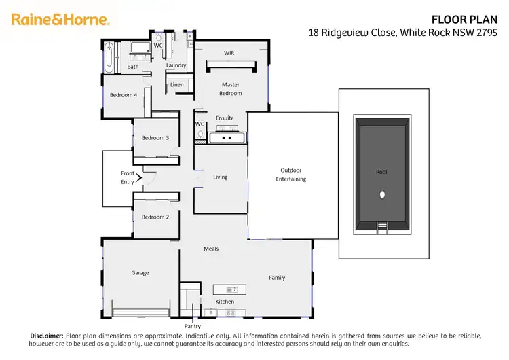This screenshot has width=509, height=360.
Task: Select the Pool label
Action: click(x=382, y=172)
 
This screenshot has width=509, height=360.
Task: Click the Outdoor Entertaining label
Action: click(x=291, y=175)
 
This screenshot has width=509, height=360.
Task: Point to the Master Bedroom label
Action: click(x=231, y=89)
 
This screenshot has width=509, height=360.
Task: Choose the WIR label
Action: click(x=229, y=52)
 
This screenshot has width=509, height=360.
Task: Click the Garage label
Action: click(x=140, y=273)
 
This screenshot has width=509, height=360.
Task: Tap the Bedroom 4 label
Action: click(x=124, y=95)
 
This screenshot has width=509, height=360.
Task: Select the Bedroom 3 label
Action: click(x=155, y=138)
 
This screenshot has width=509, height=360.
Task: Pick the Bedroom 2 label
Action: click(x=155, y=217)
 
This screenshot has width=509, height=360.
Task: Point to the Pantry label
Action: click(x=192, y=327)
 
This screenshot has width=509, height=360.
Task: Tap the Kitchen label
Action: click(x=225, y=302)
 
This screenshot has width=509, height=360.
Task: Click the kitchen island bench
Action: click(x=229, y=289)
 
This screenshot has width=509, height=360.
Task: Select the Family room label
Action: click(x=277, y=278)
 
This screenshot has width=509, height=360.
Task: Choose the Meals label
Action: click(x=211, y=249)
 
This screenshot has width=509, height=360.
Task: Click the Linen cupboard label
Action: click(x=177, y=85)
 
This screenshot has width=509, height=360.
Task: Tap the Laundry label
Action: click(x=176, y=65)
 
